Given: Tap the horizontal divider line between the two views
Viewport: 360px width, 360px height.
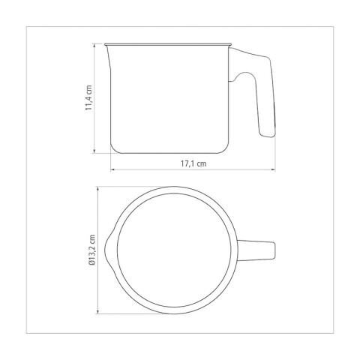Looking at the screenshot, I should [x=180, y=179].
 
